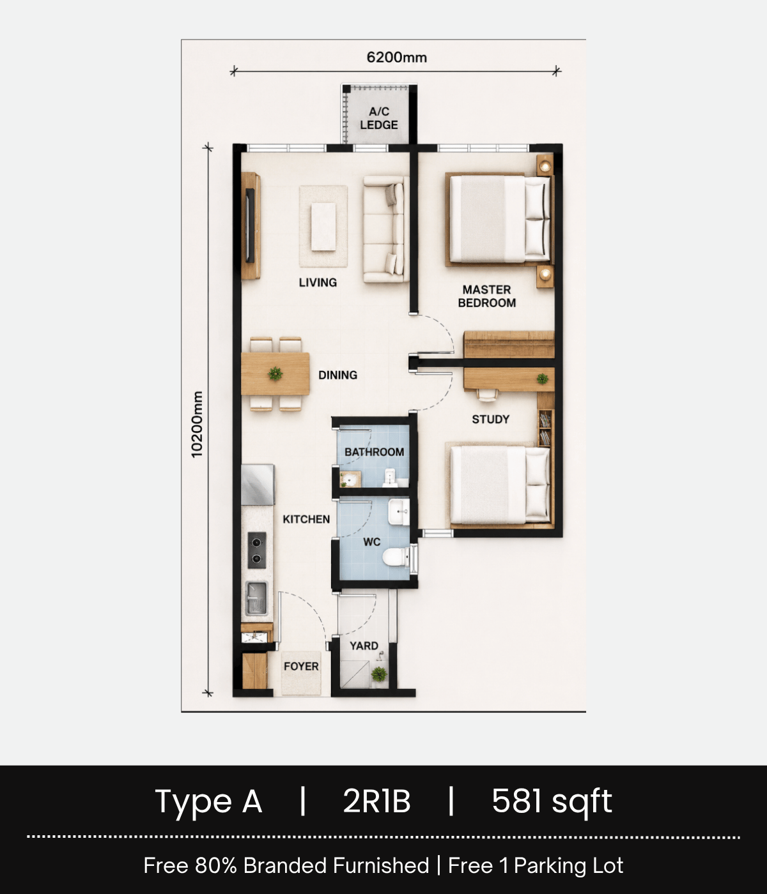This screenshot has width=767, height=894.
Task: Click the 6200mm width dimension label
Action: click(396, 57)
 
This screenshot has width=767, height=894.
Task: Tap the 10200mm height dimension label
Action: click(197, 424)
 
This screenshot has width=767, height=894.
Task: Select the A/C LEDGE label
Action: click(379, 118)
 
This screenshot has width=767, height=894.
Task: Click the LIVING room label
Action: click(318, 282)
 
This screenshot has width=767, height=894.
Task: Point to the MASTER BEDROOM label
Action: click(487, 296)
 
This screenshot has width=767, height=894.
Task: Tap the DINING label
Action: click(338, 375)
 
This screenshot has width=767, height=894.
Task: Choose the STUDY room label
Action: click(490, 419)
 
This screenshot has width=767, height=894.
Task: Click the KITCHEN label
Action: click(306, 519)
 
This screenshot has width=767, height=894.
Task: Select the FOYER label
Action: click(301, 667)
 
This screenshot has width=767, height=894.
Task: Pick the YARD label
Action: click(364, 646)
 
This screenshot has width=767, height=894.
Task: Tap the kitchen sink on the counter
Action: click(257, 598)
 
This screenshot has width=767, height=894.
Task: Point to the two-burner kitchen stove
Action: click(257, 550)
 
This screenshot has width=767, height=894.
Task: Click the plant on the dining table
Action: click(275, 373)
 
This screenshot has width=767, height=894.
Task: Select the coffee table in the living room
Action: click(323, 227)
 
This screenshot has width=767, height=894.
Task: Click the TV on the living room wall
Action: click(250, 225)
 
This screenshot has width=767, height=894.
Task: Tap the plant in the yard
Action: click(379, 674)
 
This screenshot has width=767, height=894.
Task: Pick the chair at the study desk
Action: click(487, 394)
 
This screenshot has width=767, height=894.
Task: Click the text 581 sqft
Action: click(552, 801)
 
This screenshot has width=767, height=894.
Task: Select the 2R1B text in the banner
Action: click(376, 801)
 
